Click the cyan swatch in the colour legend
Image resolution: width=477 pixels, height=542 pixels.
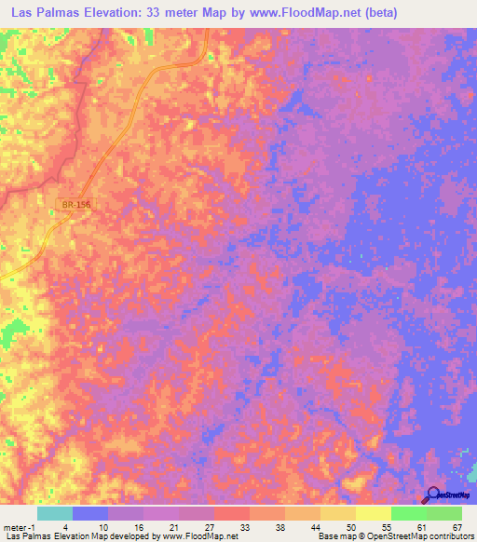point(54,512)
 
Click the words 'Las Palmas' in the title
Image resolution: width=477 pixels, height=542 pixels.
point(47,14)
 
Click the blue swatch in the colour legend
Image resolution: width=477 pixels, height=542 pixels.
point(89,512)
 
